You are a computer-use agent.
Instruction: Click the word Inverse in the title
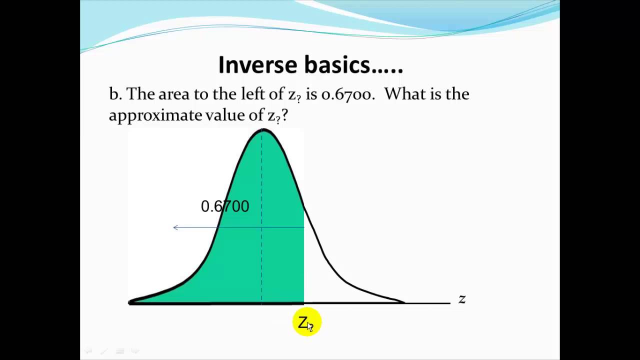click(x=257, y=65)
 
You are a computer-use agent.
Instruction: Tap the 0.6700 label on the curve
click(x=225, y=206)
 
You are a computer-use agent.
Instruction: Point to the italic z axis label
click(x=462, y=299)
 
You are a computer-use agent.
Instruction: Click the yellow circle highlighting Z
click(x=307, y=321)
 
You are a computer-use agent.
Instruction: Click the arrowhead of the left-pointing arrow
click(x=175, y=227)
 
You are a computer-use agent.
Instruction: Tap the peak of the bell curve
click(x=263, y=130)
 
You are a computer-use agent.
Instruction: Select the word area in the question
click(x=173, y=94)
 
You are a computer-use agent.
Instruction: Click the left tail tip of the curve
click(x=130, y=302)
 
